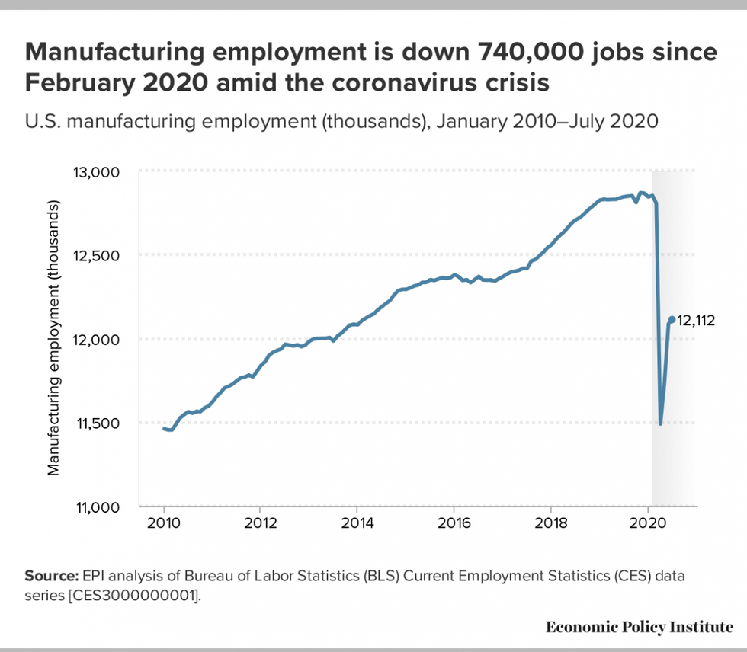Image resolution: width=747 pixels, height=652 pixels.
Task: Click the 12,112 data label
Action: pos(696,321)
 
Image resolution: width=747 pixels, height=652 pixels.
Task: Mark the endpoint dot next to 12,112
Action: pos(672,320)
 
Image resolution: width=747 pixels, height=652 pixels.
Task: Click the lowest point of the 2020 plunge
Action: pos(660,423)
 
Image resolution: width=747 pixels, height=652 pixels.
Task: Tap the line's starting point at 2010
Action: pos(164,429)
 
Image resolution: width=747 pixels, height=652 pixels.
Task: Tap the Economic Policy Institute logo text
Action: pos(639,627)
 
